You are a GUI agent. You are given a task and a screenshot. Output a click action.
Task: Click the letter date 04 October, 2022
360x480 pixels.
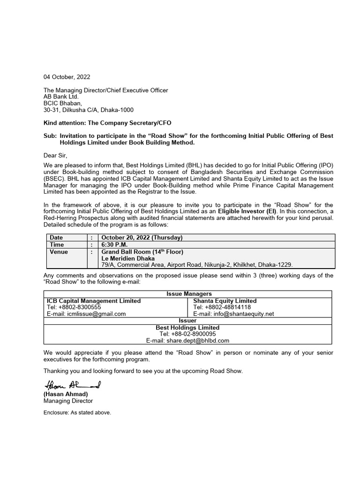click(67, 77)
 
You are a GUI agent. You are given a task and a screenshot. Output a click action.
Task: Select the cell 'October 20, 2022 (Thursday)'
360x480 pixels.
click(142, 238)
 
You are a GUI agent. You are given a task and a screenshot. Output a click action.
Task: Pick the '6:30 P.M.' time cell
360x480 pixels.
click(115, 245)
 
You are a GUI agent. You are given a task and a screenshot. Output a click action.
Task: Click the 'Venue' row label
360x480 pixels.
click(59, 252)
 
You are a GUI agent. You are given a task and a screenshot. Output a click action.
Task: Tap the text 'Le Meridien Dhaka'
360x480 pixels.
click(128, 259)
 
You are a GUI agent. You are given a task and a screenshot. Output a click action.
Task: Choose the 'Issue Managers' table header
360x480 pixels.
click(188, 294)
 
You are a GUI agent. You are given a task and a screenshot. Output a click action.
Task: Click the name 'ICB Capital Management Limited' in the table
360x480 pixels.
click(93, 301)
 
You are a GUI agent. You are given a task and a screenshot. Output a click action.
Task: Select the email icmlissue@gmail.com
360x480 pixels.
click(86, 314)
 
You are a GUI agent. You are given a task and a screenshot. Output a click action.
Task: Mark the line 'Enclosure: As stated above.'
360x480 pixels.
click(77, 413)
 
